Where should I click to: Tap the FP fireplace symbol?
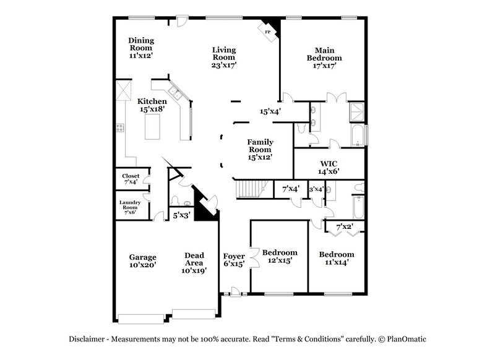269,32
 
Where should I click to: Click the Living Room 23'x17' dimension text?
224,64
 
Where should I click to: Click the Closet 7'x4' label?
131,179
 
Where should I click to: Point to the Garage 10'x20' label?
142,260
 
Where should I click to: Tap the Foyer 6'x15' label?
234,259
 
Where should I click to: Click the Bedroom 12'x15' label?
279,256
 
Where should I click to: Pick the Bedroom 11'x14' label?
337,258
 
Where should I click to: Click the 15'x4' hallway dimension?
270,111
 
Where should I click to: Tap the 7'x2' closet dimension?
343,226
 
